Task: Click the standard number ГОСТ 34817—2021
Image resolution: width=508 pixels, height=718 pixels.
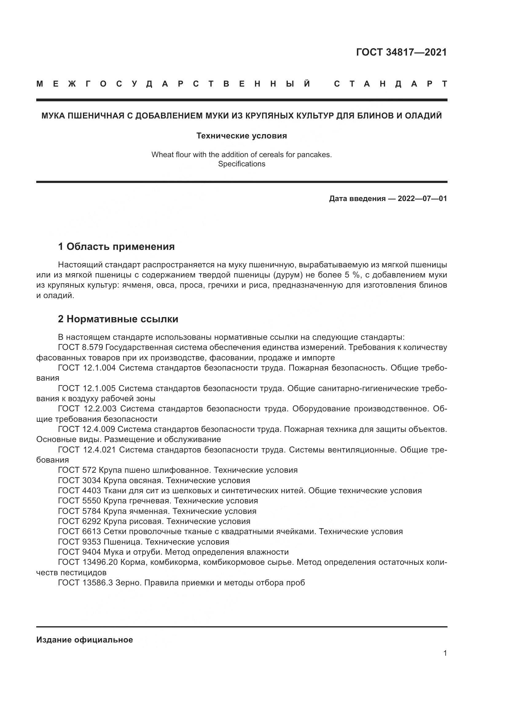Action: click(x=401, y=52)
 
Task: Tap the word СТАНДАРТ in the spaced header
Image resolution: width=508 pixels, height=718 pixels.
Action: click(x=390, y=84)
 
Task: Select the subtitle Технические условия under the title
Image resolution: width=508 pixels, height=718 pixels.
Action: click(x=241, y=136)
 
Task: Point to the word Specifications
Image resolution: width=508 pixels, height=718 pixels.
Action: click(x=241, y=164)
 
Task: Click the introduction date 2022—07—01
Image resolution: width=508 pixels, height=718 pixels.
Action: click(x=422, y=199)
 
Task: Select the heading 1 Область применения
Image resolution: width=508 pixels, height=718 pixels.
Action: click(x=116, y=247)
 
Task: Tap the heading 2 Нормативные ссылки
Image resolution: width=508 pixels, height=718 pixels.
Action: click(x=118, y=319)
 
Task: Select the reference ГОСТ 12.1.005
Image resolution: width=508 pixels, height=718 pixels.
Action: click(x=87, y=388)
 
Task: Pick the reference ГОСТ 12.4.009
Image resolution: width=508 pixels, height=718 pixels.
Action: click(x=87, y=429)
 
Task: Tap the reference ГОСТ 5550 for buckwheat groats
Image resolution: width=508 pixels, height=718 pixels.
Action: click(x=80, y=501)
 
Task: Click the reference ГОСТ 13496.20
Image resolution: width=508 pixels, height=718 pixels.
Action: click(x=88, y=562)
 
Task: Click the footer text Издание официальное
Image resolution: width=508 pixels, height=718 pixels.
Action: click(x=84, y=640)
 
